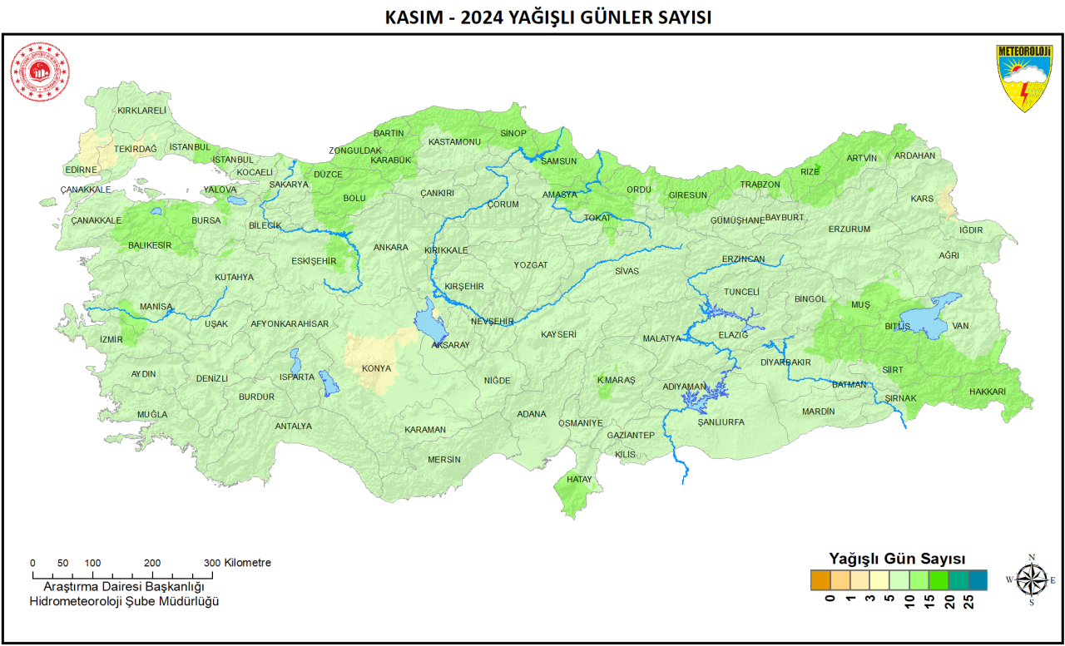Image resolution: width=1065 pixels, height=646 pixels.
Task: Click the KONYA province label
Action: point(376,368)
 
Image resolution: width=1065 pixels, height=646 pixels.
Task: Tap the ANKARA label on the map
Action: point(390,247)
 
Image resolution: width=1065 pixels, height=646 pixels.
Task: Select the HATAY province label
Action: point(578,480)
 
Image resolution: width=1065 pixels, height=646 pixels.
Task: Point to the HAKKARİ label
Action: point(987,392)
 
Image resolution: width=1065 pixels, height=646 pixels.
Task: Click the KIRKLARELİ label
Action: point(141,111)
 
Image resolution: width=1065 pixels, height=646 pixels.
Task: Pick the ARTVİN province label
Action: point(861,158)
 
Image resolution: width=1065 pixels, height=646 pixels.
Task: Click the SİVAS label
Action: point(627,271)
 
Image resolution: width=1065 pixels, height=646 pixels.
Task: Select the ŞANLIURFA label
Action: point(721,422)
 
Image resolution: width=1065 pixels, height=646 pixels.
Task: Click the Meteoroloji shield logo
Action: point(1024,78)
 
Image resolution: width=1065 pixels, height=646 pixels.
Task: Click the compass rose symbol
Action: point(1031,579)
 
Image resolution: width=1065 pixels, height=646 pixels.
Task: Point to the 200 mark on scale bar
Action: point(152,563)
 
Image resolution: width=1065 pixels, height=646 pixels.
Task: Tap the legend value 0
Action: point(829,599)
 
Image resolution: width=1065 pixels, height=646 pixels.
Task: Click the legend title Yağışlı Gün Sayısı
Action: point(897,558)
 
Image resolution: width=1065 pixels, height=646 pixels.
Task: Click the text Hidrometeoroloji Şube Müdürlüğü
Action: point(124,601)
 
